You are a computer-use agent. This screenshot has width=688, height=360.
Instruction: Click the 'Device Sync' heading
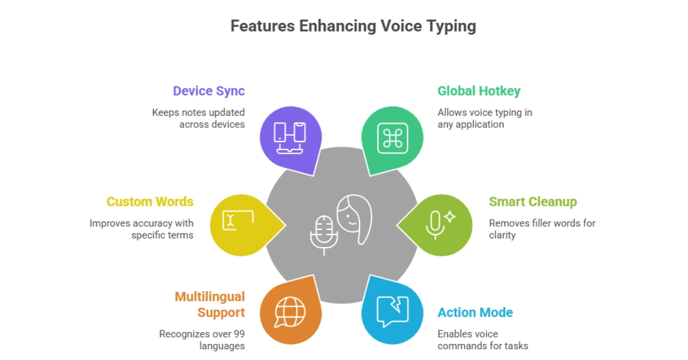click(x=209, y=91)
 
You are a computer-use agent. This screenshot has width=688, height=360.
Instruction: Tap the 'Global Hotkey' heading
click(x=479, y=91)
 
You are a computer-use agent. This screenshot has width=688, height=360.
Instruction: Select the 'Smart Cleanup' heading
click(x=533, y=202)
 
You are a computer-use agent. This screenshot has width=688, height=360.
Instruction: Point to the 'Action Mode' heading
click(x=475, y=312)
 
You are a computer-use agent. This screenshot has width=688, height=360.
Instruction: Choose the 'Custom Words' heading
click(x=150, y=202)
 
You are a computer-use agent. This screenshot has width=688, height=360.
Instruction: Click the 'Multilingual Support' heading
click(x=210, y=304)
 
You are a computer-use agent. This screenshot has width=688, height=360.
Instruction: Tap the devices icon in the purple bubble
click(x=290, y=138)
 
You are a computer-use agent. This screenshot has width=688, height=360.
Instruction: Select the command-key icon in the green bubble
click(x=393, y=138)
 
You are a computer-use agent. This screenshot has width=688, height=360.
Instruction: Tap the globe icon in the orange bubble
click(x=290, y=312)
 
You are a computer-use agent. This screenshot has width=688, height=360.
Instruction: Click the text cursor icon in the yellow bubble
click(x=238, y=220)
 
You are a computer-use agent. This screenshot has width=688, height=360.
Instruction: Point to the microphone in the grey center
click(x=324, y=235)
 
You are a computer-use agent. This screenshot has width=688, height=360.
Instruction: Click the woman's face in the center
click(x=354, y=219)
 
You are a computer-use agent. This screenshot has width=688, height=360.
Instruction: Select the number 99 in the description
click(x=239, y=334)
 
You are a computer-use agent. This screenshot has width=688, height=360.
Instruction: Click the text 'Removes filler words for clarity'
click(x=542, y=229)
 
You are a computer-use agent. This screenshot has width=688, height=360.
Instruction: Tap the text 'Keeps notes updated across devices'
click(x=198, y=118)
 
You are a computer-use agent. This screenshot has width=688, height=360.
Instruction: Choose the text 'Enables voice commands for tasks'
click(x=483, y=340)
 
